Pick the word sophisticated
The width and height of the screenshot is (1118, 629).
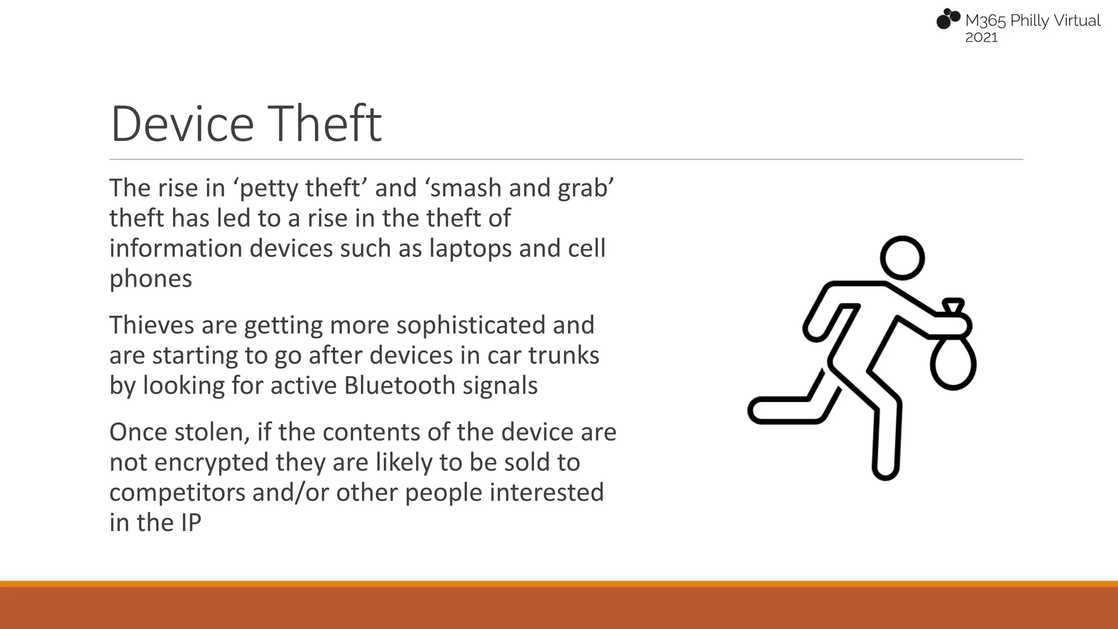click(471, 326)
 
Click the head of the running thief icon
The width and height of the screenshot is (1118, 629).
click(902, 258)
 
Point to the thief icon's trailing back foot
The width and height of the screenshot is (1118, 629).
click(764, 411)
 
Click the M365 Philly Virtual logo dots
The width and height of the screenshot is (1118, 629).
click(948, 19)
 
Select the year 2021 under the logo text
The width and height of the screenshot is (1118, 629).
click(981, 38)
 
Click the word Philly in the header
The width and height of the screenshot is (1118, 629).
click(1030, 21)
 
